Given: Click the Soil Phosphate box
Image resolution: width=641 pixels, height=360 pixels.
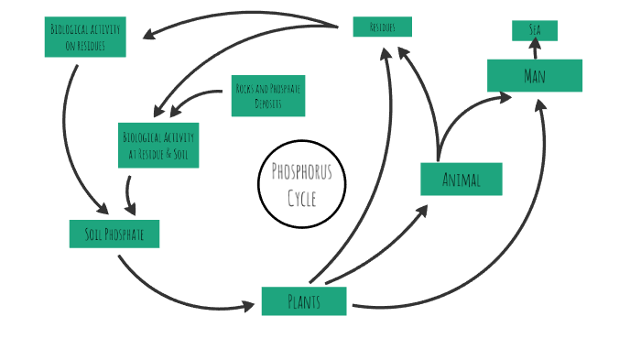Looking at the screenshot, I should click(x=114, y=234).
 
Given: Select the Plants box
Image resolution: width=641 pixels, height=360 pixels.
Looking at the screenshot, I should click(x=304, y=301).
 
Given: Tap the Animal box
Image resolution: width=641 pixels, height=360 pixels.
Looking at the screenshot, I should click(x=461, y=179).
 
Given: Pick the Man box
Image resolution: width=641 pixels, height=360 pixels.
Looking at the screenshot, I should click(x=535, y=75).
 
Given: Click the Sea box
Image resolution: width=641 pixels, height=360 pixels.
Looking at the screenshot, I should click(x=535, y=30).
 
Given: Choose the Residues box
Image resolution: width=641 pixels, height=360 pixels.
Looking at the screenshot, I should click(x=382, y=27).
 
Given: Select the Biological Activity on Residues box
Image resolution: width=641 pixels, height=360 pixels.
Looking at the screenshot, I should click(x=85, y=37).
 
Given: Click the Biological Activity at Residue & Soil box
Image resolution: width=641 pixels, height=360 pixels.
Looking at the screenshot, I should click(x=158, y=145).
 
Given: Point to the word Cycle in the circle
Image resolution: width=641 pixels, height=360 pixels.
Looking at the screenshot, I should click(x=302, y=197).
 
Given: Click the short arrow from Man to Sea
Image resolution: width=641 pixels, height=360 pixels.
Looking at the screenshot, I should click(x=535, y=49).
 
